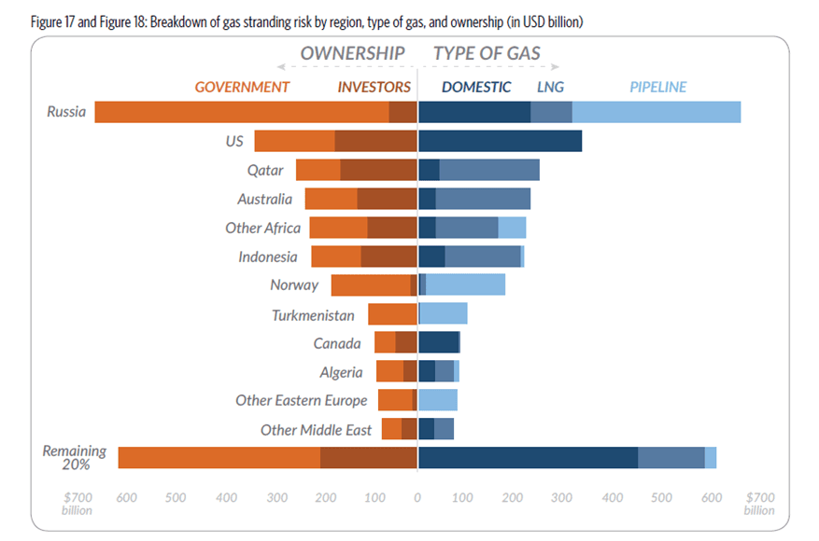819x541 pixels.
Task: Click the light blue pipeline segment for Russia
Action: pos(656,112)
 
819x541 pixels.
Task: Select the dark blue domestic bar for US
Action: pos(500,141)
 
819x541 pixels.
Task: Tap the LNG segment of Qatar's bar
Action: pos(488,170)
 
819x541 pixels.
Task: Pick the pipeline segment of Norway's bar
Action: pos(465,284)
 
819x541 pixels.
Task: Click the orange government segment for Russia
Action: pos(241,112)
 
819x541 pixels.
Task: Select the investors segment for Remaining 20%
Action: pos(368,457)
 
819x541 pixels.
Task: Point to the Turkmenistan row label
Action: pos(313,315)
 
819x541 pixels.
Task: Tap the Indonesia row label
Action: pos(268,257)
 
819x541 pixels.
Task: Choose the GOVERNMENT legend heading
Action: pos(242,87)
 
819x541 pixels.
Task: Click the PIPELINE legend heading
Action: pos(657,87)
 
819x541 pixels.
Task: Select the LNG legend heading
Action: pos(550,87)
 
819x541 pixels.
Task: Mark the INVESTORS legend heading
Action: pos(374,87)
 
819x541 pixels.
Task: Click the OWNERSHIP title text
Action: pos(352,53)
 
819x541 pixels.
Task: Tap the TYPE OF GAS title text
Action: pos(487,53)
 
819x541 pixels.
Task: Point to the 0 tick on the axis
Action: pos(417,496)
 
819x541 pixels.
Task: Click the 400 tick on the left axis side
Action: pos(226,496)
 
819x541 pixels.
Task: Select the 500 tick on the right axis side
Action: pos(661,496)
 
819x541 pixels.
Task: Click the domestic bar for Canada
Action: pos(439,342)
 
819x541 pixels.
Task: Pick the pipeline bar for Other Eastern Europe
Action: pos(438,400)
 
